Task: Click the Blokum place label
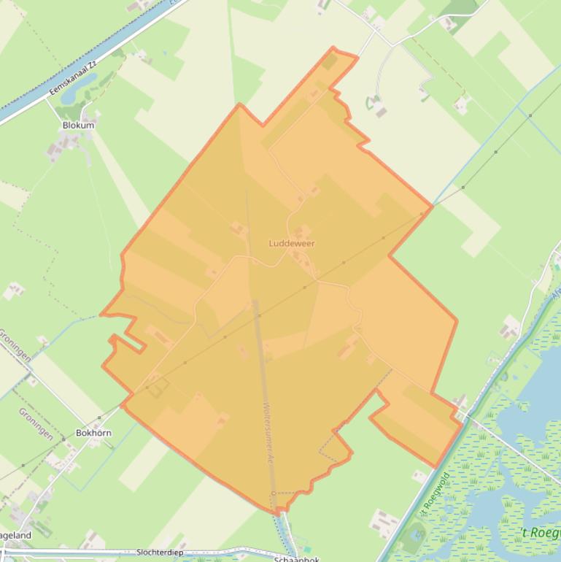(78, 125)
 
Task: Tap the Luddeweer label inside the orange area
(292, 243)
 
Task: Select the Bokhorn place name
(93, 433)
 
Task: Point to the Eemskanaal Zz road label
(72, 80)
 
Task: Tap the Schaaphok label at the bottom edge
(297, 559)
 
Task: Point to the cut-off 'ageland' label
(15, 535)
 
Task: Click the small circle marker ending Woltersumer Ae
(274, 494)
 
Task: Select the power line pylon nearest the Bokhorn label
(99, 419)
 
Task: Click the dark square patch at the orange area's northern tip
(329, 61)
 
